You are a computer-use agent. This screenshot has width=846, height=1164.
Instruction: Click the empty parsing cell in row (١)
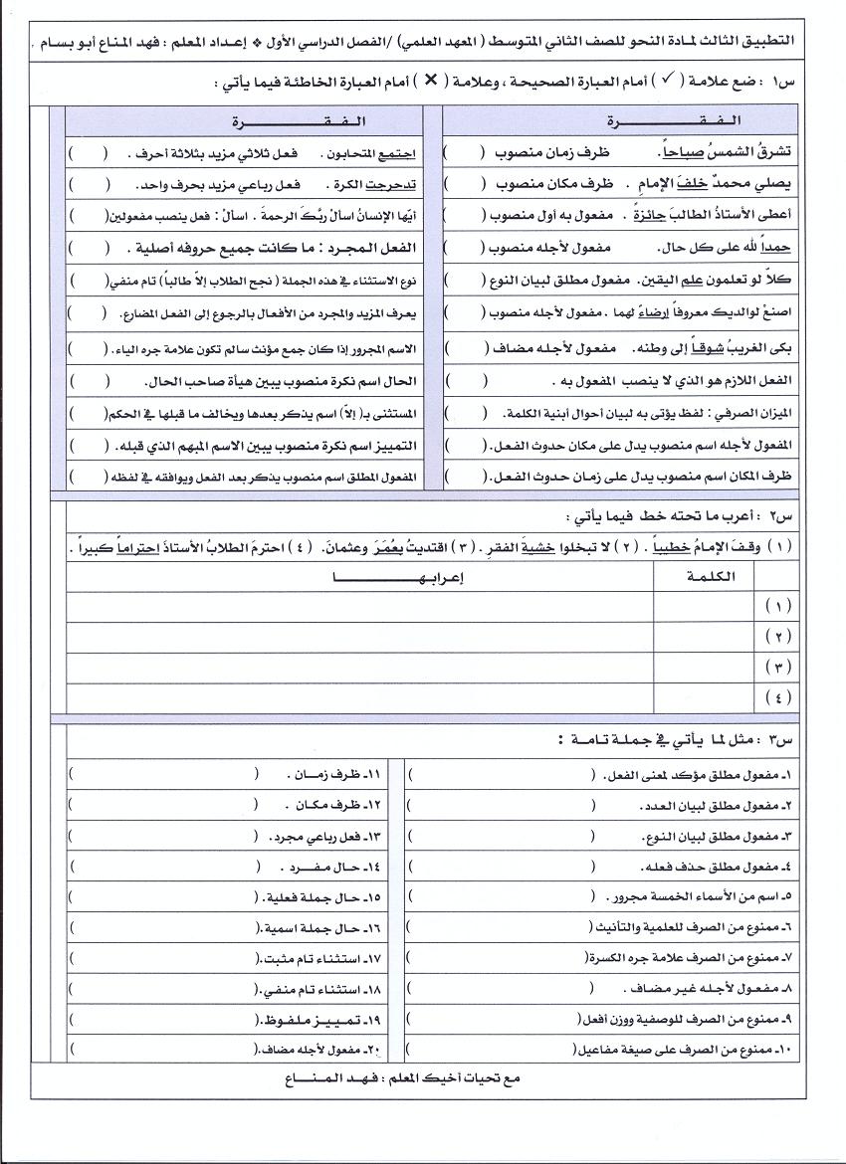360,606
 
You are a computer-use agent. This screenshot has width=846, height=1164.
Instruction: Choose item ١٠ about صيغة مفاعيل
688,1050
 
